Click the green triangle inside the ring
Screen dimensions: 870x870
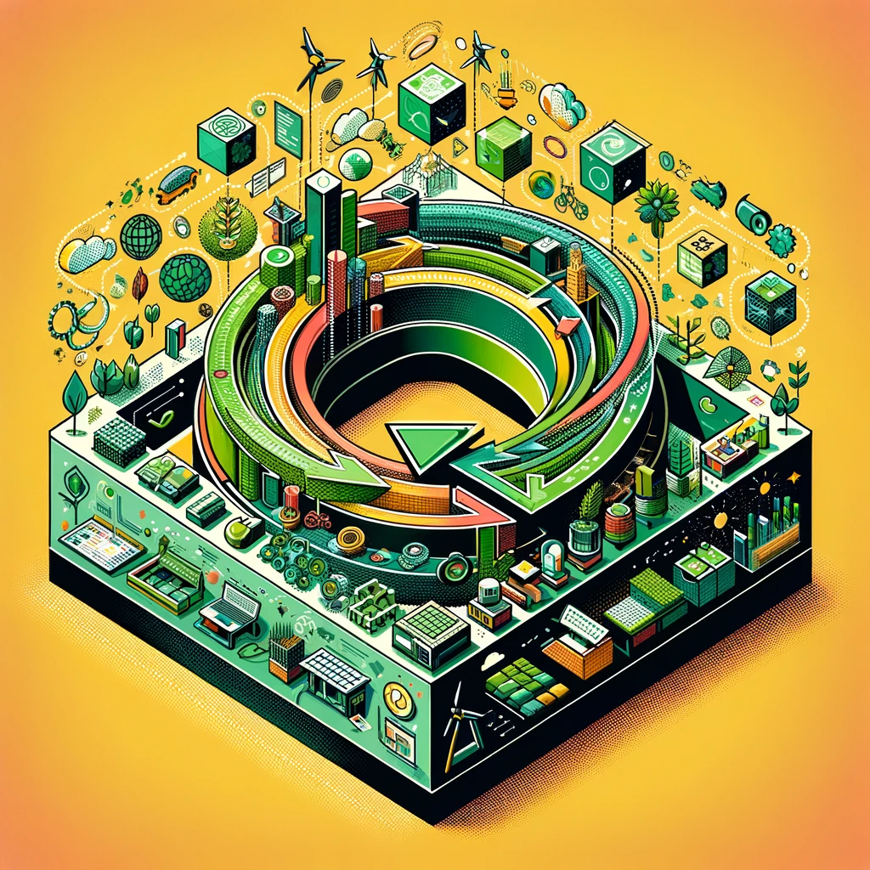[x=425, y=443]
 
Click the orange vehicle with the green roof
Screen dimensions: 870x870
[x=177, y=183]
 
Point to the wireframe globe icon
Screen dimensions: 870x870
[x=140, y=236]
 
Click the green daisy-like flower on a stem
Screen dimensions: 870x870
[x=657, y=205]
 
